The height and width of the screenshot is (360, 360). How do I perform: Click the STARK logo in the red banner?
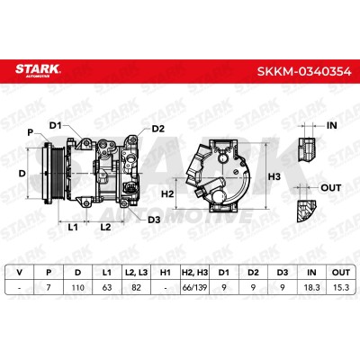[x=38, y=70]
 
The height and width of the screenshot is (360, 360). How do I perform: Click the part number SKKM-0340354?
[x=304, y=72]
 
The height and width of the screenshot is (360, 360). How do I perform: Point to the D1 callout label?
[x=55, y=125]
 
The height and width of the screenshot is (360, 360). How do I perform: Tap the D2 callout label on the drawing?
[x=158, y=129]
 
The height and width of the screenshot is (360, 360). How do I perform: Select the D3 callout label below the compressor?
[x=154, y=220]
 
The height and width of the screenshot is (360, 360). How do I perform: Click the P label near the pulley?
[x=30, y=132]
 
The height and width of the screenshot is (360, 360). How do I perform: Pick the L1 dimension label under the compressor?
[x=73, y=227]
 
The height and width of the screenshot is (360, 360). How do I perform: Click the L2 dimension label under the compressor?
[x=105, y=227]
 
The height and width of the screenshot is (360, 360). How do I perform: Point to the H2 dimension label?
[x=167, y=194]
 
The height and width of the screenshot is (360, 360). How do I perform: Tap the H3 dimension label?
[x=274, y=176]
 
